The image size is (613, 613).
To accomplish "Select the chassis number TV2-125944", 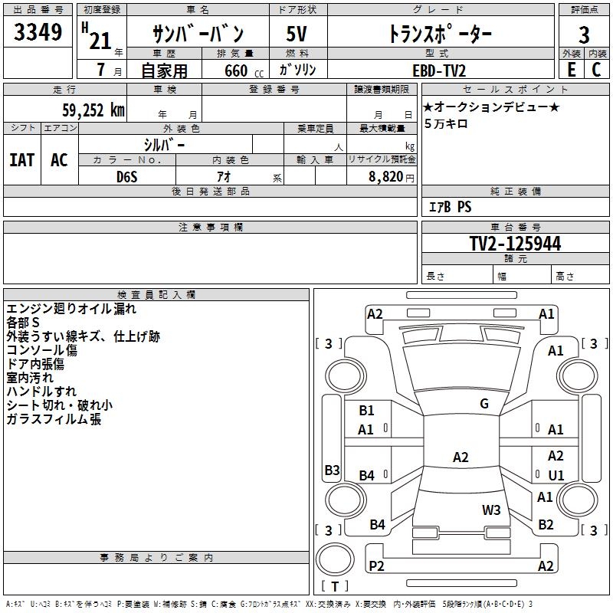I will [x=515, y=244].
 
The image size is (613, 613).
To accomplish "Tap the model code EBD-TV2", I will [x=439, y=70].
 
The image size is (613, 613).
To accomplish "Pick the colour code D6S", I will [x=127, y=176].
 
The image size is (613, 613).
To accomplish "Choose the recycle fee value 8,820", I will [x=382, y=176].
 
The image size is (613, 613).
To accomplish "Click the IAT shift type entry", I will [x=21, y=160].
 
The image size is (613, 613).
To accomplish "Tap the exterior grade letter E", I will [x=572, y=70].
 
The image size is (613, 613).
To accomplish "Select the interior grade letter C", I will [x=596, y=70].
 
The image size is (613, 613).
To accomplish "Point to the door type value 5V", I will [x=297, y=34].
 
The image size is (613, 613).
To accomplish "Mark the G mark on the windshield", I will [x=484, y=404].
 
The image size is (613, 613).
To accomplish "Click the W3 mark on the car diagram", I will [x=491, y=510].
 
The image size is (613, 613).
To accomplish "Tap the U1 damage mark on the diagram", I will [x=556, y=475].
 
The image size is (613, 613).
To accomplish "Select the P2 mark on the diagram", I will [x=377, y=565].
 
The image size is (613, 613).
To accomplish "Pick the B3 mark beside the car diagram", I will [x=332, y=470].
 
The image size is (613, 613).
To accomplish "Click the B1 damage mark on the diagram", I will [x=366, y=411].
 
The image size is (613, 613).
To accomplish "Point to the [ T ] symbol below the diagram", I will [x=335, y=587].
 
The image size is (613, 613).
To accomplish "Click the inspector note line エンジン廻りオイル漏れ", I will [x=71, y=309].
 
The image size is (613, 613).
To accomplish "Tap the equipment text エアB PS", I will [x=450, y=207].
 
